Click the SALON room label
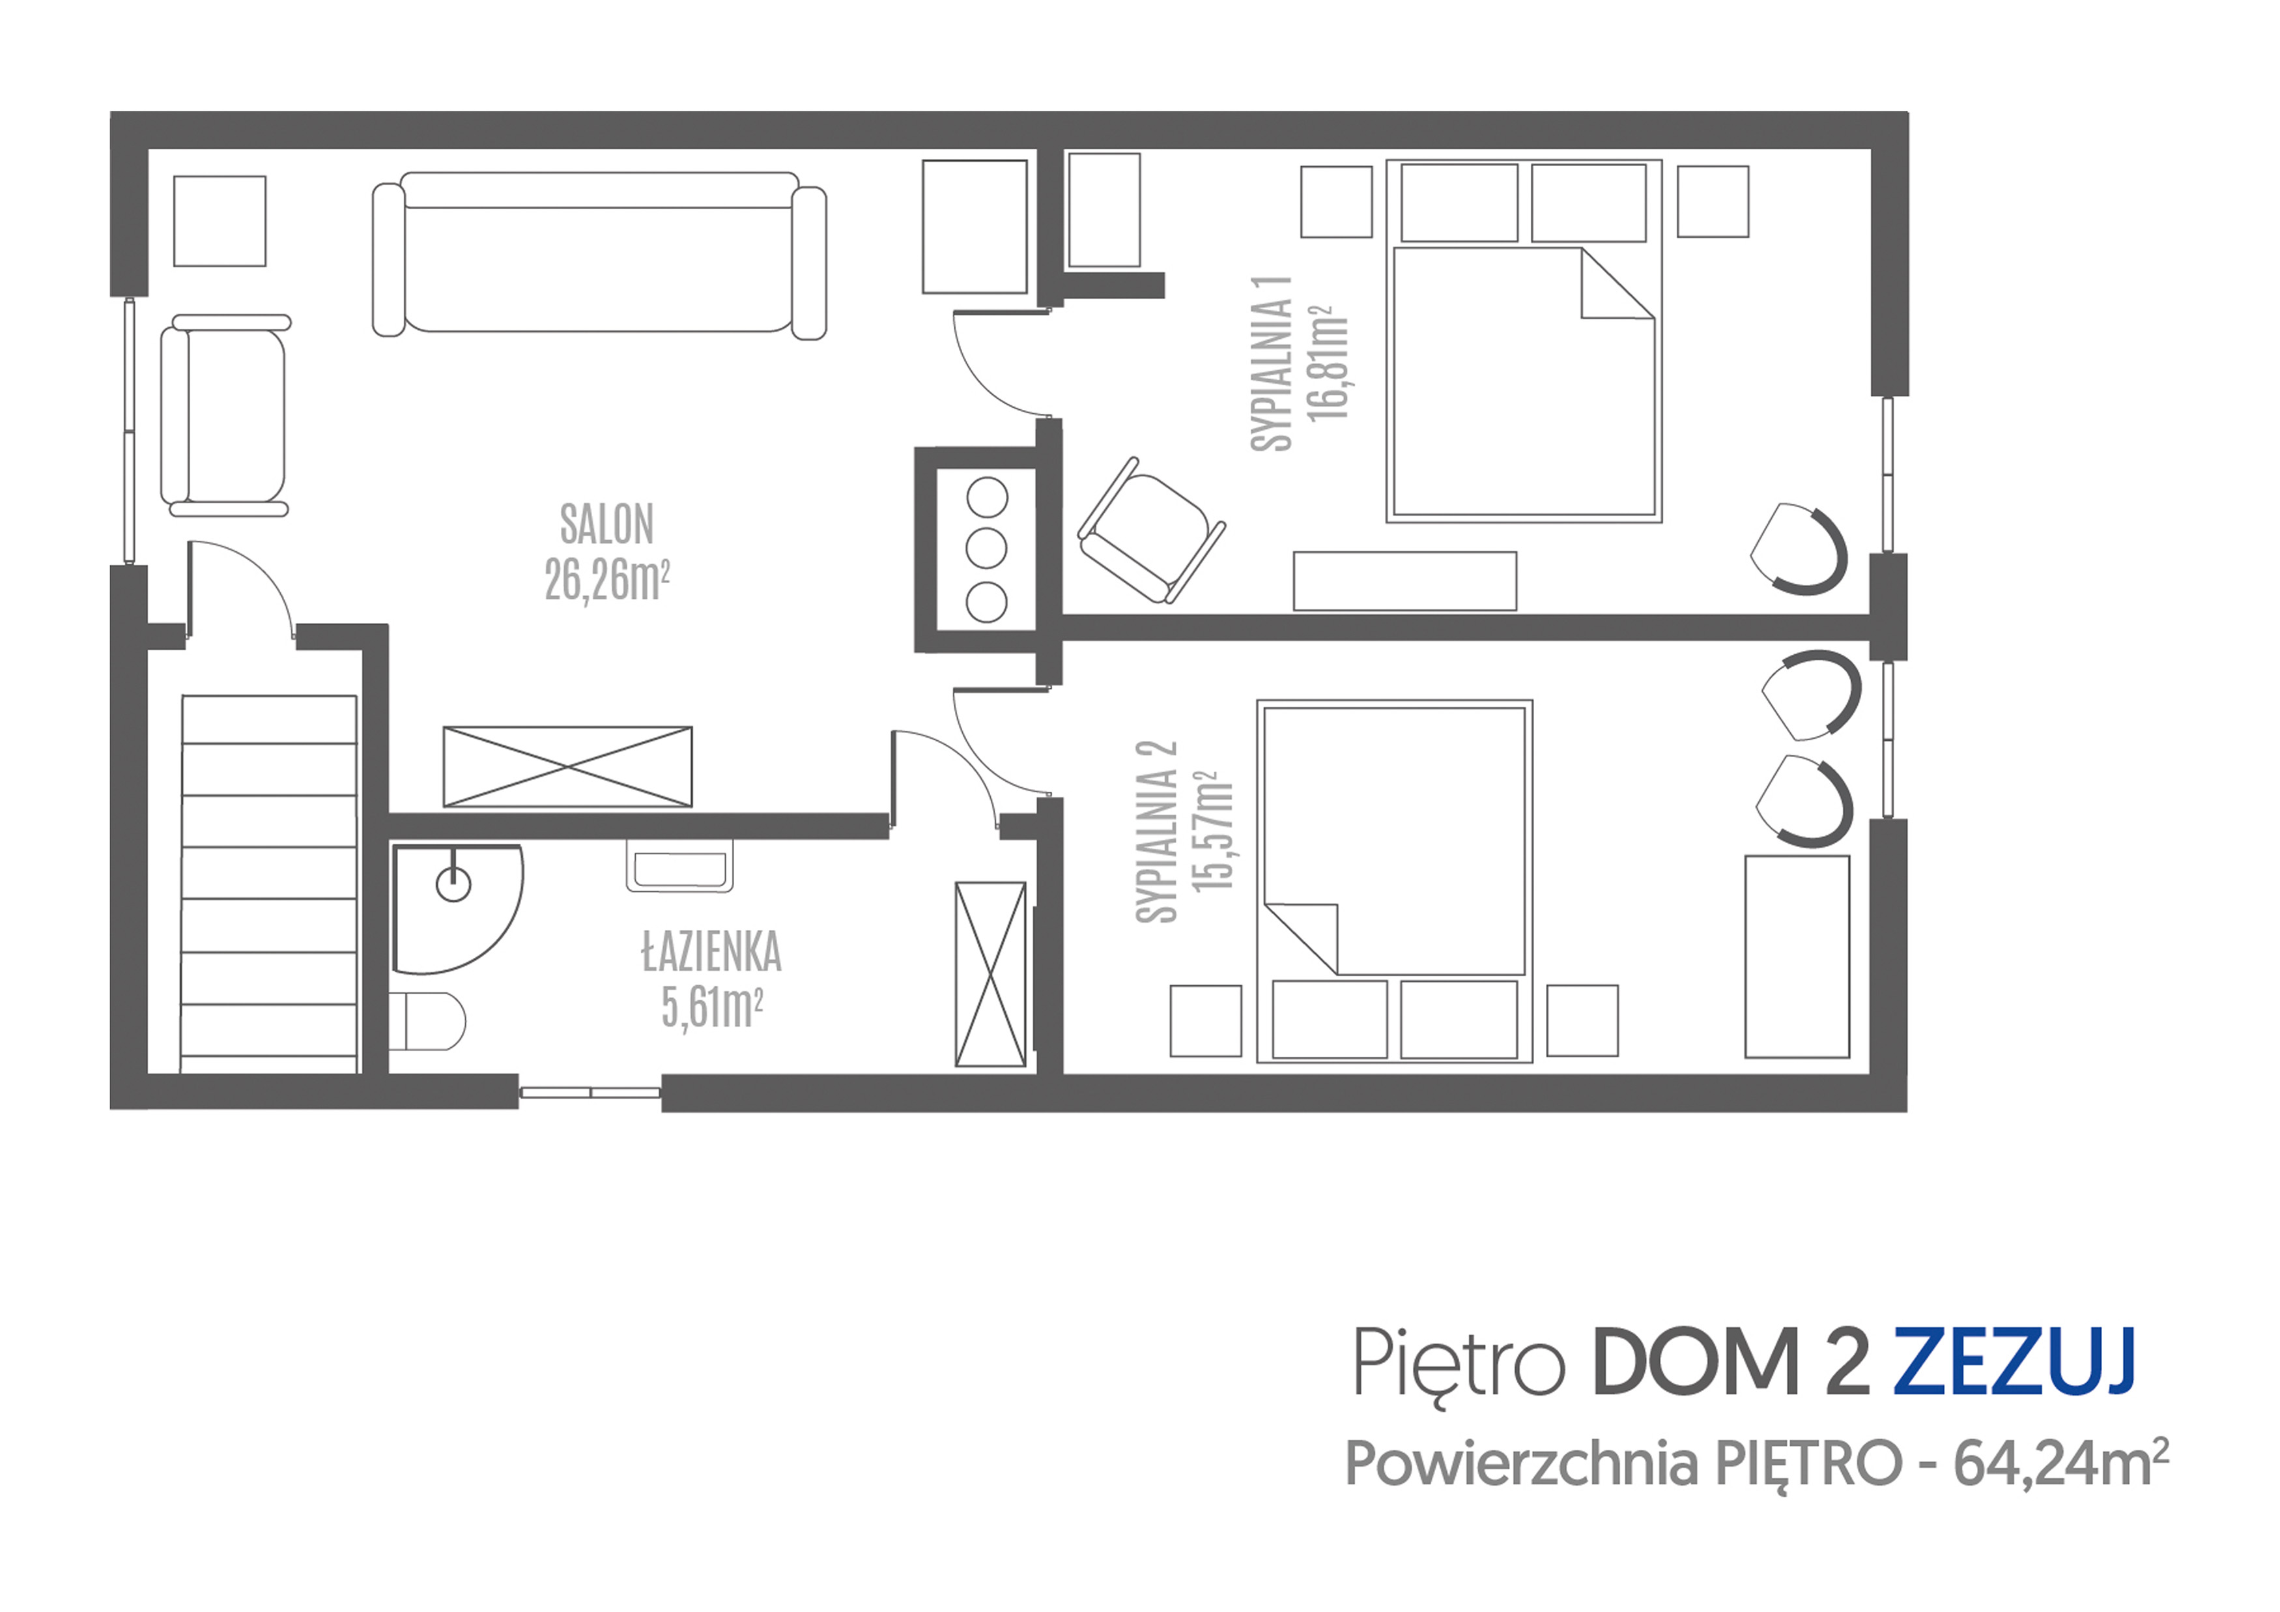(606, 525)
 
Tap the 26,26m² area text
(606, 580)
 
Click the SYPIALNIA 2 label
(1157, 832)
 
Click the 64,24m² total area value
(2060, 1464)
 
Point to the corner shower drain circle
(454, 884)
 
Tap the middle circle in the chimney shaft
(987, 548)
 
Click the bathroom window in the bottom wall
(590, 1093)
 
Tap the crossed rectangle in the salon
(567, 767)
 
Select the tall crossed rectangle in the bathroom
(990, 974)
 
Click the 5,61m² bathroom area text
(711, 1008)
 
